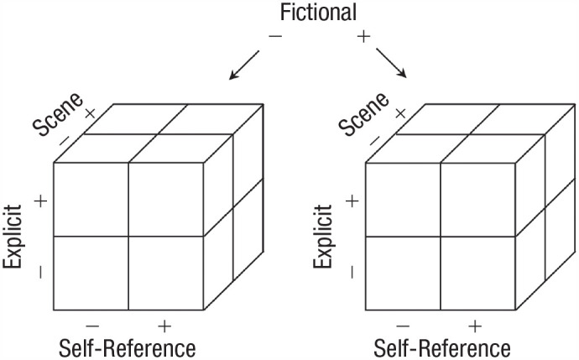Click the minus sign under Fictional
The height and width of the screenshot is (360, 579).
[276, 38]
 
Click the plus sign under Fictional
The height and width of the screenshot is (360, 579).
[363, 38]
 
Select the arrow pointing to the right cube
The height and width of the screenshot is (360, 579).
[391, 64]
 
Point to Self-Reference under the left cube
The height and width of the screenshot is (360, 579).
[128, 347]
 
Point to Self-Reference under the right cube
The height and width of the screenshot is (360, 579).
[440, 347]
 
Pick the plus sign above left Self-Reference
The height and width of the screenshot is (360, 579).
[164, 326]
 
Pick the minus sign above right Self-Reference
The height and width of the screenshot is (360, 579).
[404, 326]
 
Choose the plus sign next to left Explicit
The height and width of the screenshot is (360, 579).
[39, 201]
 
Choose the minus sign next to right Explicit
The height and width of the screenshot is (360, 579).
[350, 271]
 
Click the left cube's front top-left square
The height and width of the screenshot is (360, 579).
[91, 199]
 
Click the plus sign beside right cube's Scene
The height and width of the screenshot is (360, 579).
[401, 112]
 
